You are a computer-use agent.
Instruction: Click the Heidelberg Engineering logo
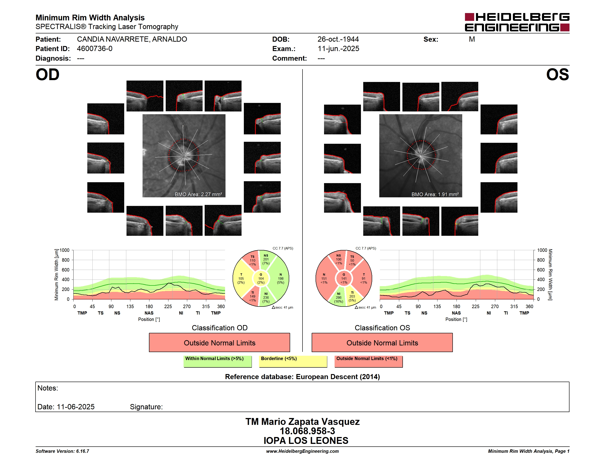pyautogui.click(x=517, y=22)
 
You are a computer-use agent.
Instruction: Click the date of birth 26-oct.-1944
pyautogui.click(x=338, y=39)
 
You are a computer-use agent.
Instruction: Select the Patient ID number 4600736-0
pyautogui.click(x=95, y=49)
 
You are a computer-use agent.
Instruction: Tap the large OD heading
pyautogui.click(x=47, y=75)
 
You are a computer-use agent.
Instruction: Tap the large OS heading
pyautogui.click(x=558, y=75)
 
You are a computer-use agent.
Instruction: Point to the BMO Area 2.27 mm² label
pyautogui.click(x=198, y=195)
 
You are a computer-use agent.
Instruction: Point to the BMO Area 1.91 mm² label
pyautogui.click(x=435, y=195)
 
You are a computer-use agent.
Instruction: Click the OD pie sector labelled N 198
pyautogui.click(x=280, y=279)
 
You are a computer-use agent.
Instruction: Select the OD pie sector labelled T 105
pyautogui.click(x=241, y=279)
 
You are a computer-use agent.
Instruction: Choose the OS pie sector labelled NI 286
pyautogui.click(x=338, y=298)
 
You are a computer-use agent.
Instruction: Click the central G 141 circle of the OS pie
pyautogui.click(x=344, y=279)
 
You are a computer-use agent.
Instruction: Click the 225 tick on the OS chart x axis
pyautogui.click(x=475, y=307)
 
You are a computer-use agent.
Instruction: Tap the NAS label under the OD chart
pyautogui.click(x=149, y=313)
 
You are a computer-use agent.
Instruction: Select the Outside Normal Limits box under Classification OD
pyautogui.click(x=219, y=342)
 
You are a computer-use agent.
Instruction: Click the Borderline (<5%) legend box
pyautogui.click(x=293, y=361)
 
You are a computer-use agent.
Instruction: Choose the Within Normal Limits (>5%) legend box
pyautogui.click(x=217, y=361)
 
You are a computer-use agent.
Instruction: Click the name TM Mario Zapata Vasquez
pyautogui.click(x=302, y=422)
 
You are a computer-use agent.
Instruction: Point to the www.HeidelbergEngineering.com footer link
pyautogui.click(x=302, y=451)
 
